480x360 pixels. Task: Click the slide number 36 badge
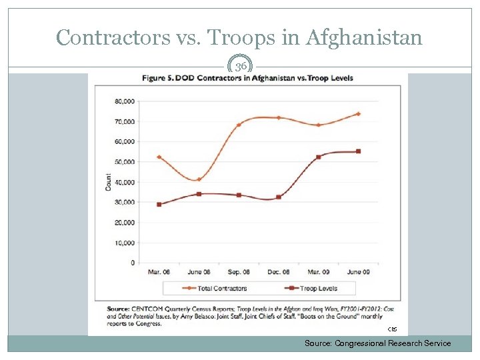(x=240, y=67)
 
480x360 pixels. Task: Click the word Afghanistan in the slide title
(x=364, y=37)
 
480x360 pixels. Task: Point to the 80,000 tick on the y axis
(x=125, y=101)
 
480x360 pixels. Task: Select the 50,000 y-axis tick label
(x=125, y=162)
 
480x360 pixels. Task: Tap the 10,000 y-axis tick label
(x=125, y=243)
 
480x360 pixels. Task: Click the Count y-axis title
(x=108, y=182)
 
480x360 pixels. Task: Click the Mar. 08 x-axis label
(x=159, y=272)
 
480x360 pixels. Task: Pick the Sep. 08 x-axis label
(x=239, y=272)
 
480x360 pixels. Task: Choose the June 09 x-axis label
(x=358, y=272)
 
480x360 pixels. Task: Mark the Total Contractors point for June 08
(x=199, y=179)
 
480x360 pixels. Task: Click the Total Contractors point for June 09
(x=358, y=114)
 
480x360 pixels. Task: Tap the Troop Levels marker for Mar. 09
(x=318, y=157)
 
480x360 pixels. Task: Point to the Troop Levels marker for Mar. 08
(x=159, y=205)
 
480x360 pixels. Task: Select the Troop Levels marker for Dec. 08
(x=278, y=197)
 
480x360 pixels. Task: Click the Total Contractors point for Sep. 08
(x=239, y=125)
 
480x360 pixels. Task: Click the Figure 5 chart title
(x=247, y=78)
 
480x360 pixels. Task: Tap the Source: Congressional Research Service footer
(x=377, y=343)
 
